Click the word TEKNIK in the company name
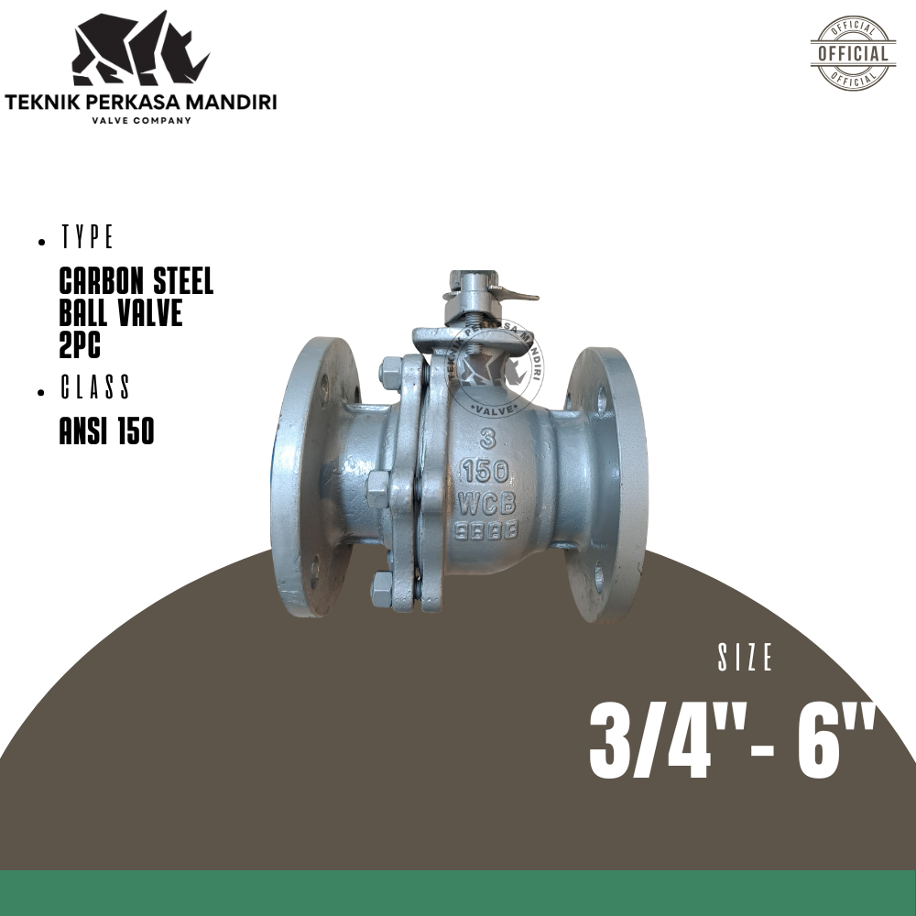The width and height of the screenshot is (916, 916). (42, 102)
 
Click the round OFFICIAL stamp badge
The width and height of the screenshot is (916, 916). (853, 52)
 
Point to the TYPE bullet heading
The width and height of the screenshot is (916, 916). (87, 239)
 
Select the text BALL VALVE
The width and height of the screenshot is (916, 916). (120, 312)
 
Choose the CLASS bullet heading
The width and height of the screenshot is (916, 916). (95, 388)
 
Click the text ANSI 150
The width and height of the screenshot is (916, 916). (106, 431)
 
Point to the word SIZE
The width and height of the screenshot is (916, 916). (746, 659)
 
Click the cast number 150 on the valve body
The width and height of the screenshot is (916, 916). (485, 471)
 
